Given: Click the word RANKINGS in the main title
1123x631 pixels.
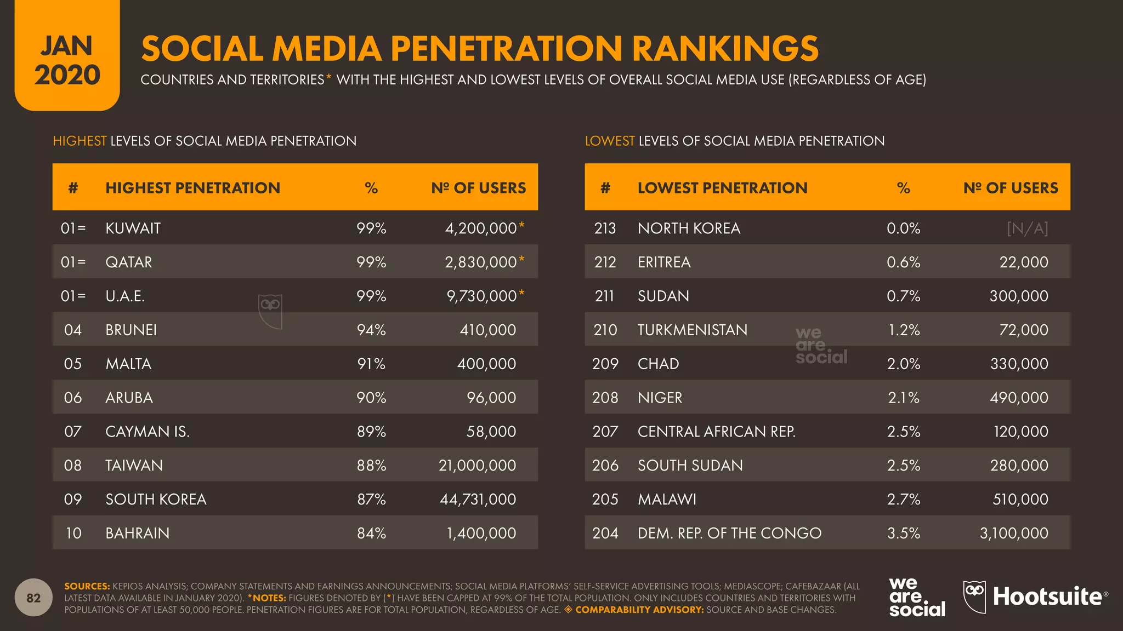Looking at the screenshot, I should (725, 49).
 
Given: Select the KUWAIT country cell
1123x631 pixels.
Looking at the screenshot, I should (133, 228).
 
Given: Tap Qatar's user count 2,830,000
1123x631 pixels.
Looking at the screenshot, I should (480, 262).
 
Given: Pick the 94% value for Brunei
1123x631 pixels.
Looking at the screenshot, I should (371, 330).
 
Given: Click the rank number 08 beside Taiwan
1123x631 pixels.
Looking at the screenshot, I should (72, 466).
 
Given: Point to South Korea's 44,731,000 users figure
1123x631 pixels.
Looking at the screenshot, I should (478, 500).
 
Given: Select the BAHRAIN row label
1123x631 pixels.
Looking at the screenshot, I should (137, 534).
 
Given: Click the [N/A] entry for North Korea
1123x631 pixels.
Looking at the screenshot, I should (1027, 228).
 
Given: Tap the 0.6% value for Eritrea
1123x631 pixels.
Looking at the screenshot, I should (903, 262).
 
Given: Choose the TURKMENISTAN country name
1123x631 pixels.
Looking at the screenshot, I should (692, 330).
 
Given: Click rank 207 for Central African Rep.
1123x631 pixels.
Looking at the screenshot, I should (605, 432).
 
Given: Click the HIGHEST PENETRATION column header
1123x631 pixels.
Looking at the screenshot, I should (192, 188).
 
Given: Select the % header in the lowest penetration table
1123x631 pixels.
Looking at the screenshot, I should (903, 188).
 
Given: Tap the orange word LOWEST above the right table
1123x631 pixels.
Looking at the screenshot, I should (609, 141).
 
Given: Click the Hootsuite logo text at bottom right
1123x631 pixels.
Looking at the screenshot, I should (1047, 596).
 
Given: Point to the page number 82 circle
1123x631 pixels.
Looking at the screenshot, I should (33, 598).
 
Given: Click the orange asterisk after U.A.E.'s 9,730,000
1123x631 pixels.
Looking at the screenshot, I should (521, 293).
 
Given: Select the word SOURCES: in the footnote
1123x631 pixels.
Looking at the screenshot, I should (87, 586).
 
